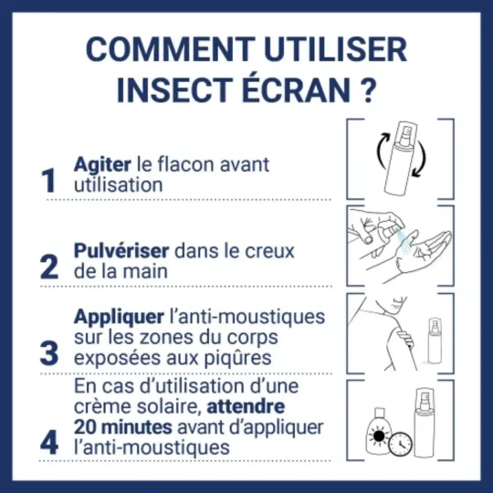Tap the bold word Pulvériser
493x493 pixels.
(121, 248)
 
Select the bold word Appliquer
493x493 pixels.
(119, 317)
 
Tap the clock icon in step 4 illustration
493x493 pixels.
(398, 444)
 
